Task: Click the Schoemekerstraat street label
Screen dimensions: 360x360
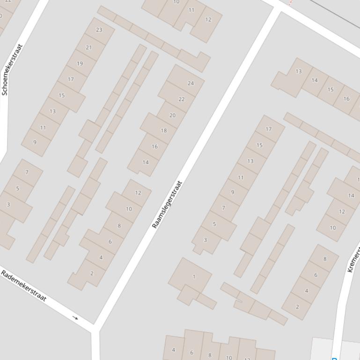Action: [x=12, y=70]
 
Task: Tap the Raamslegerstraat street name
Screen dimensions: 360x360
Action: [x=167, y=204]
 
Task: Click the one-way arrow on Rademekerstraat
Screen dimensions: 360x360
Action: [x=75, y=318]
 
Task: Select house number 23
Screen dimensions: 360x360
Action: [x=99, y=30]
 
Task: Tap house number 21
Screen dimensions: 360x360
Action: [x=89, y=48]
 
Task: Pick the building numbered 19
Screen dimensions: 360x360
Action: [x=80, y=64]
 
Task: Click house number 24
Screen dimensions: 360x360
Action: [x=191, y=83]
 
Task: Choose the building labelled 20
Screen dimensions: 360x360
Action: [x=172, y=115]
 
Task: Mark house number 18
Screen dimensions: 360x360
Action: [x=163, y=130]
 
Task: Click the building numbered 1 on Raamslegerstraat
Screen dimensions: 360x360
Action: [x=194, y=277]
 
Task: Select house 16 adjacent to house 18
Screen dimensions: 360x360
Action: [x=154, y=146]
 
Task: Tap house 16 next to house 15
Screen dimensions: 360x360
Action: [x=346, y=99]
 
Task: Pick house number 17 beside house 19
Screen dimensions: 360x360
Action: [x=71, y=79]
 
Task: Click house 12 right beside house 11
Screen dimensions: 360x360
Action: [x=208, y=20]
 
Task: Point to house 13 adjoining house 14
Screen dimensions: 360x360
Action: [x=299, y=72]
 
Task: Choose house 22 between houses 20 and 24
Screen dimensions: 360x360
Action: [x=182, y=99]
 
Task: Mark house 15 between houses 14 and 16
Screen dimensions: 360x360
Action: [x=331, y=90]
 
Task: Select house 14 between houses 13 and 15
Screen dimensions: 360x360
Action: [x=315, y=80]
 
